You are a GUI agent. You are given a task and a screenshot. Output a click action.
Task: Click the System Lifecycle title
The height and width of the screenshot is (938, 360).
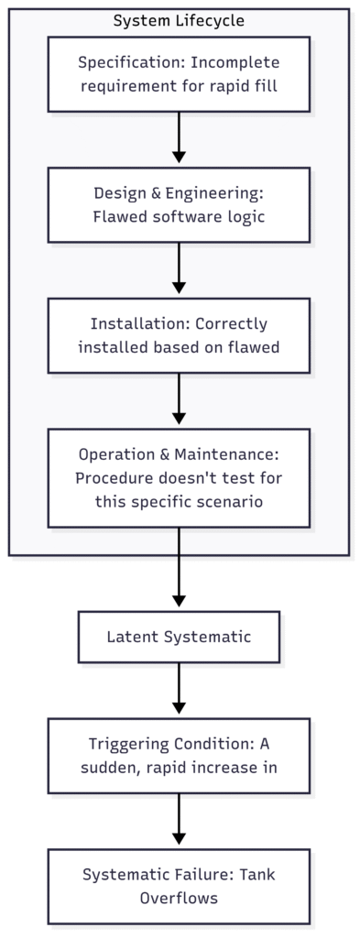[179, 20]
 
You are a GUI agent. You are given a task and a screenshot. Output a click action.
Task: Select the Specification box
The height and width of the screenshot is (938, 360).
[179, 74]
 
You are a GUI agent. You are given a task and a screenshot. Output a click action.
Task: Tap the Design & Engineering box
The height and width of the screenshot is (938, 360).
[179, 204]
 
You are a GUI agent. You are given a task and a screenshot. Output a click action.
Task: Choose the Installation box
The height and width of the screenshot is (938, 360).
[179, 335]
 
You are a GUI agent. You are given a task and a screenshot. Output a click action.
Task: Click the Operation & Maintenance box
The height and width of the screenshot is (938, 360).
[179, 478]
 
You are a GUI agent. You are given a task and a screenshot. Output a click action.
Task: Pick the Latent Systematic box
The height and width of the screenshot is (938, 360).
[179, 637]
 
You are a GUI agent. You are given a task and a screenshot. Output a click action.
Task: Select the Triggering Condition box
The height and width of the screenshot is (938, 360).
[179, 755]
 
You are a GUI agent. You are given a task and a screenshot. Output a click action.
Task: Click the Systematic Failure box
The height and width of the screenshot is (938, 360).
[179, 886]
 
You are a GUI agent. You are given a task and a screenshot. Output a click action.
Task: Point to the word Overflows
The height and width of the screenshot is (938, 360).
[179, 898]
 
